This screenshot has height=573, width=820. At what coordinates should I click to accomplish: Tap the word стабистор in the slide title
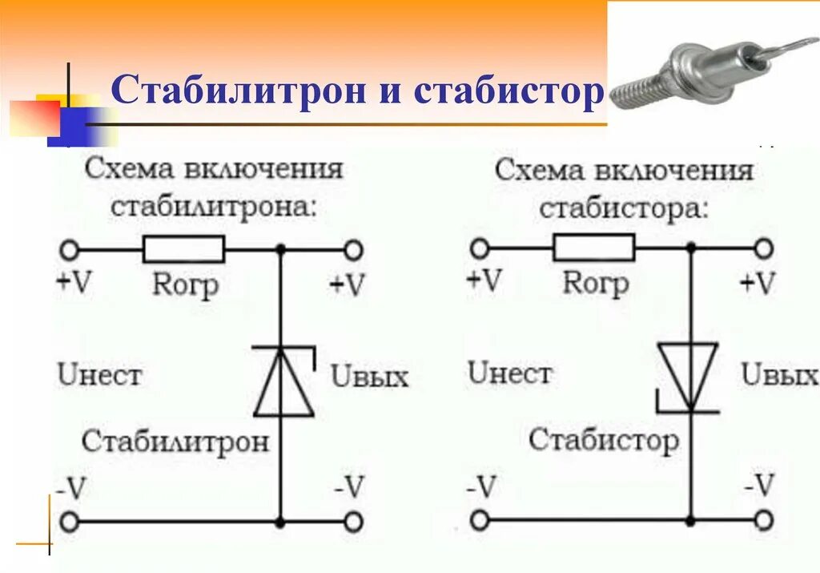[508, 93]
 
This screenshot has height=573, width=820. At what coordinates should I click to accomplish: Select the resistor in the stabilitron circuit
[183, 249]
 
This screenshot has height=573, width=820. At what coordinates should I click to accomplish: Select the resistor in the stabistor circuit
[593, 248]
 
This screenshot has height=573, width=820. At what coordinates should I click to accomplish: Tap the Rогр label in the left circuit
[185, 284]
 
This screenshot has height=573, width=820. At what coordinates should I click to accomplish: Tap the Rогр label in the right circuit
[595, 282]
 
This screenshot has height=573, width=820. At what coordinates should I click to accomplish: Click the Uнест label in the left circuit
[99, 374]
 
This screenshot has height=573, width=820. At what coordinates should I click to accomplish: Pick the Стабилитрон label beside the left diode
[175, 442]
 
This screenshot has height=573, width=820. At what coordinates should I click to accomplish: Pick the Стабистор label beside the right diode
[603, 440]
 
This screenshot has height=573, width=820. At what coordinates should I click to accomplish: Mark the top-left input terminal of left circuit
[70, 249]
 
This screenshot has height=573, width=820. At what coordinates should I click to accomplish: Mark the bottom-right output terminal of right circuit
[764, 521]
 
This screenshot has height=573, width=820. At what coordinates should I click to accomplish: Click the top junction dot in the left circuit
[280, 249]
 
